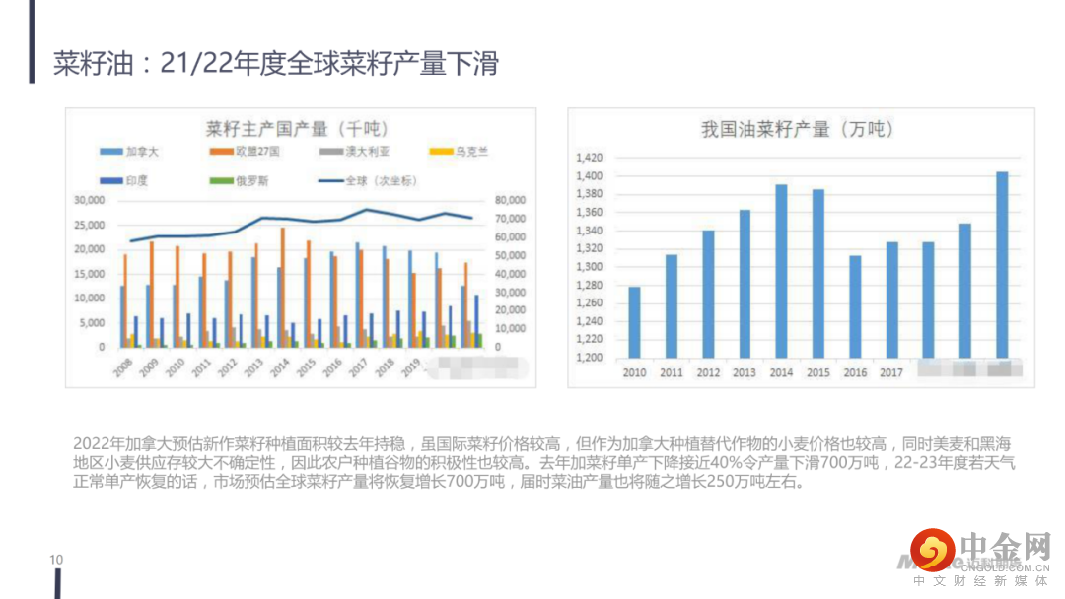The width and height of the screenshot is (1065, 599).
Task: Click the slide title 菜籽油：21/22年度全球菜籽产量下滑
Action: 276,65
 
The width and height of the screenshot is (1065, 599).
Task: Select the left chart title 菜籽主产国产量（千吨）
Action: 297,129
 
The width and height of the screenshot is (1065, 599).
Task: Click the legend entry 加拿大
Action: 135,152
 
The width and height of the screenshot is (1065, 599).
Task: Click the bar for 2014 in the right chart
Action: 781,271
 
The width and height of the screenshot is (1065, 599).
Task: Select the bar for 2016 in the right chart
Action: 855,306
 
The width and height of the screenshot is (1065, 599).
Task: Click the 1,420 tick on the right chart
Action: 588,158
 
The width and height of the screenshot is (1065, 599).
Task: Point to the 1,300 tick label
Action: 588,267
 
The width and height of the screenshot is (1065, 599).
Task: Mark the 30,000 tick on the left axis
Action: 91,200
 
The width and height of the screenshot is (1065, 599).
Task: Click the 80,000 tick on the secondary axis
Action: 510,200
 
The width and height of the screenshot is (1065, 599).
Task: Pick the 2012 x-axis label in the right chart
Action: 708,372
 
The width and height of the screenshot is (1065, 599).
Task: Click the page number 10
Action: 56,560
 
